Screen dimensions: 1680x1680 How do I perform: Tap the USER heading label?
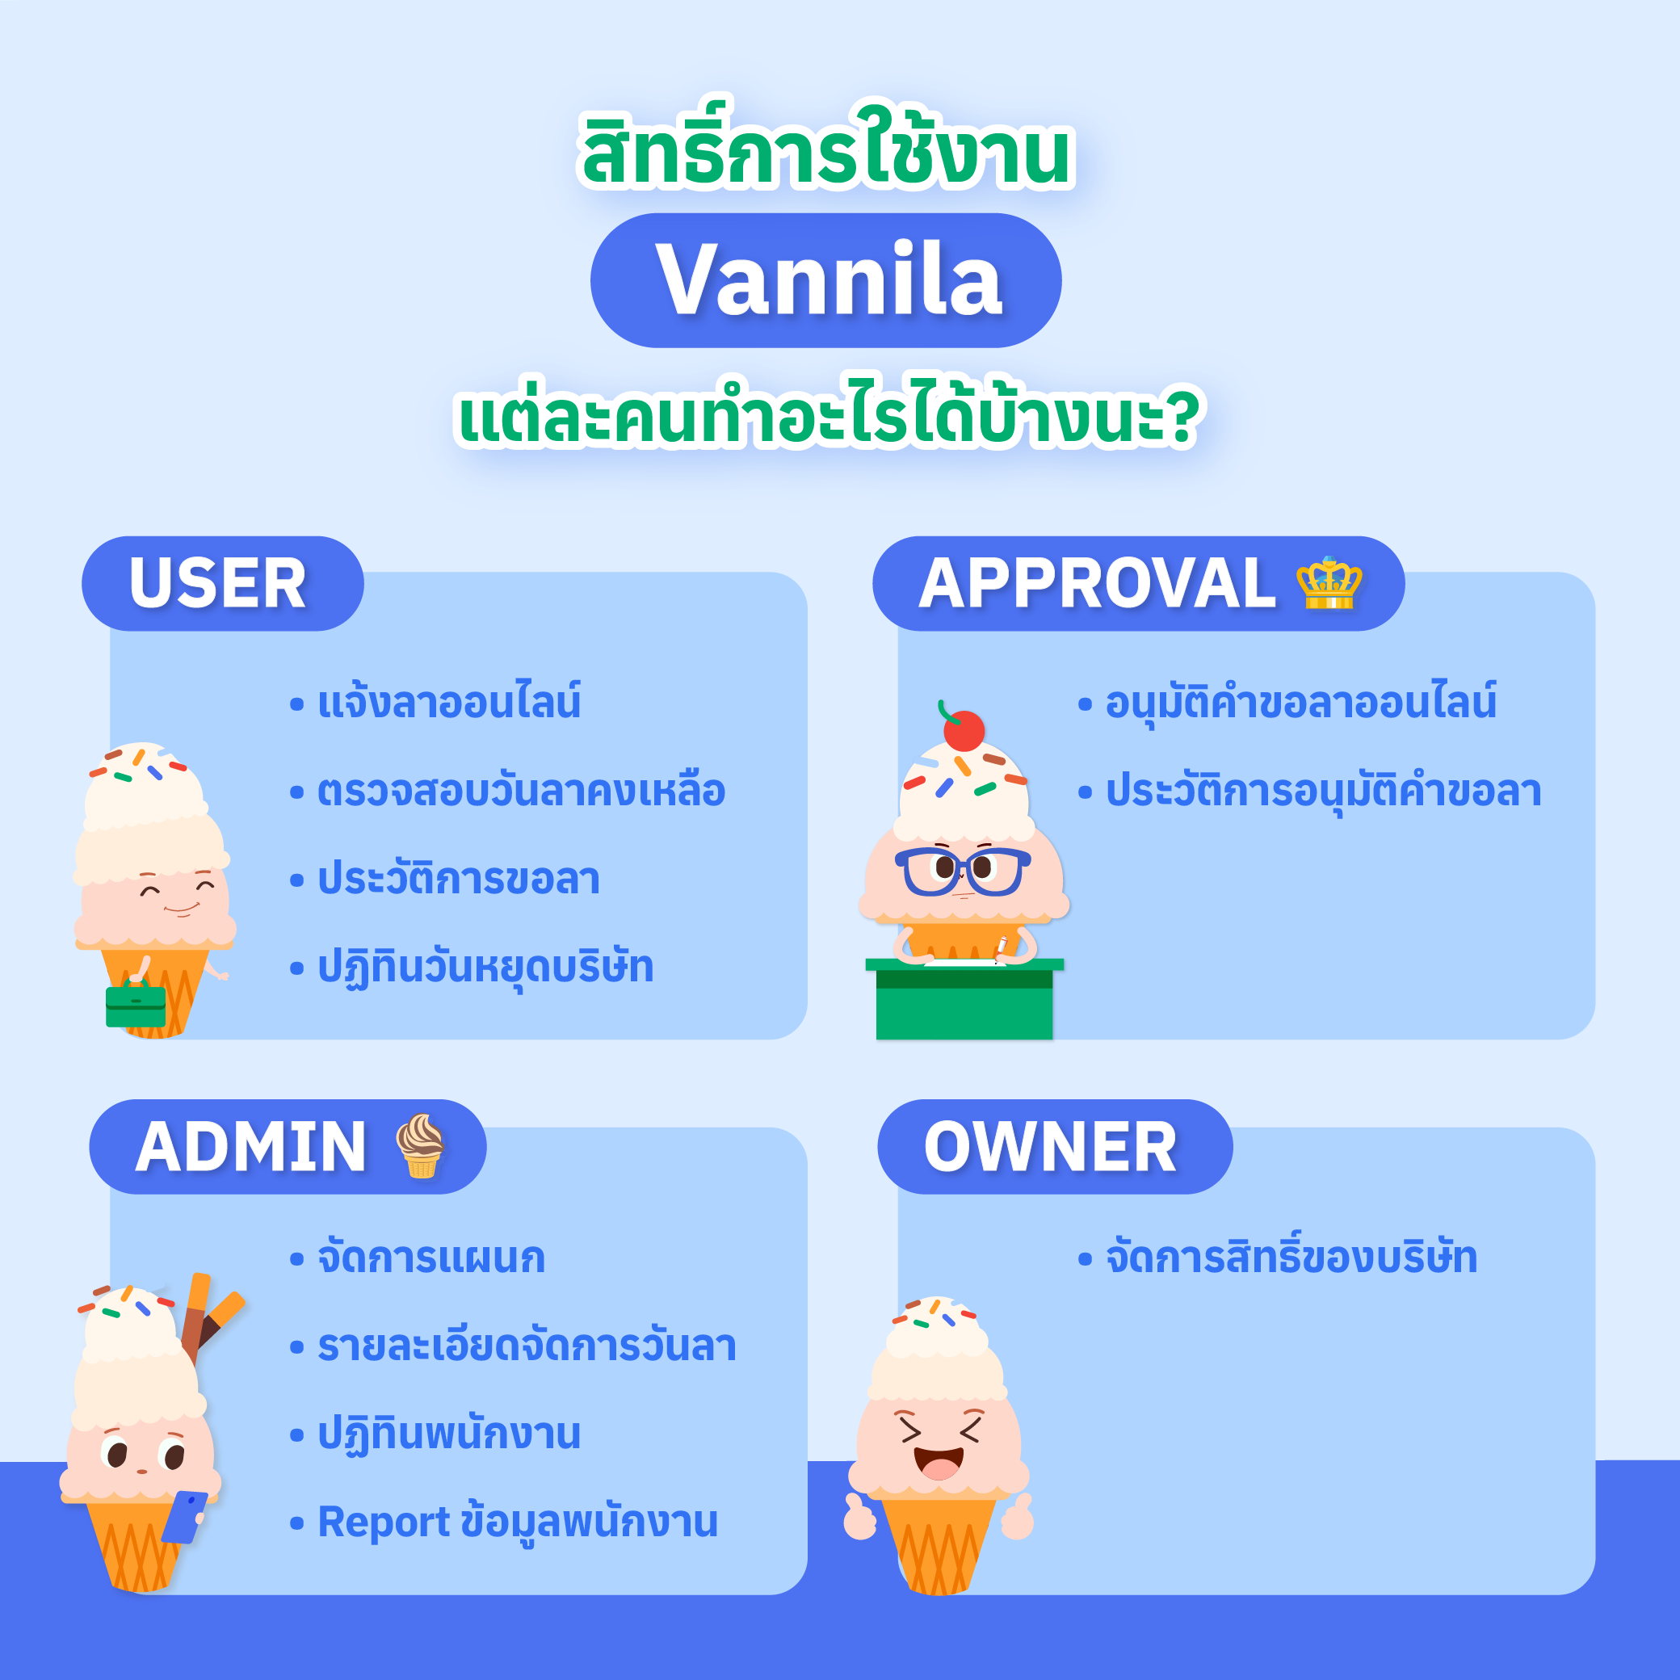tap(217, 582)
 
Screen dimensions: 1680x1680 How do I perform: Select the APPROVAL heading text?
tap(1097, 582)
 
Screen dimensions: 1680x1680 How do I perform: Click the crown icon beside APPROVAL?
tap(1328, 582)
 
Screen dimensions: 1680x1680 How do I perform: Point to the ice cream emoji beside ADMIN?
tap(421, 1145)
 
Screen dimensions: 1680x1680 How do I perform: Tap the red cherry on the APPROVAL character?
tap(964, 729)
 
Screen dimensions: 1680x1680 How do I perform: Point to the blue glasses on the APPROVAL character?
tap(963, 871)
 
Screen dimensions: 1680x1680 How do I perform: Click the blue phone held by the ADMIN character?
tap(184, 1518)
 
